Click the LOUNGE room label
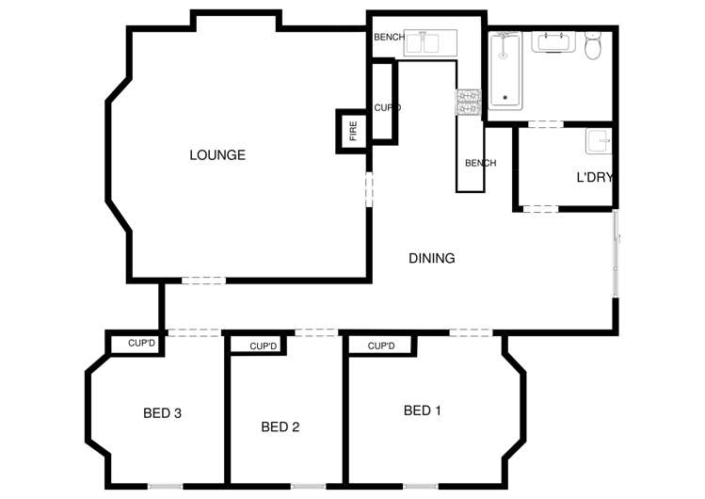(216, 154)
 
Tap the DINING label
(432, 258)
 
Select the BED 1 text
(423, 410)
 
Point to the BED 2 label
(280, 427)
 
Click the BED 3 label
(162, 412)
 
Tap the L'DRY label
(595, 177)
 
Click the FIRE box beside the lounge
(353, 131)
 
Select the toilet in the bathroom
(594, 44)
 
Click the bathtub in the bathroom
(506, 71)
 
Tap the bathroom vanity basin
(554, 42)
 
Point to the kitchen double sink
(425, 42)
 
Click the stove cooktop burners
(470, 102)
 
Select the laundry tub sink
(598, 142)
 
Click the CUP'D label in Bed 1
(380, 346)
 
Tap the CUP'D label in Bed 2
(264, 346)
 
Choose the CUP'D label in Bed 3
(141, 343)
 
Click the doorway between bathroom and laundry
(545, 123)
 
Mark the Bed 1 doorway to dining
(470, 331)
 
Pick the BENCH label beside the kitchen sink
(389, 38)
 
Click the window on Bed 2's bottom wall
(308, 486)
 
